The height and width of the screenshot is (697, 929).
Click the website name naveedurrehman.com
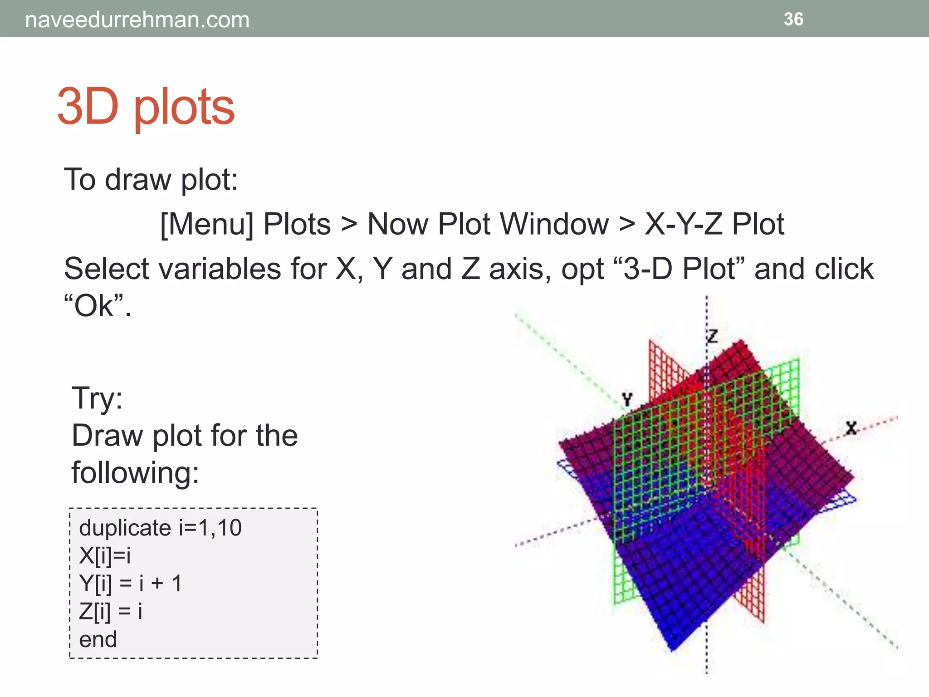[x=137, y=20]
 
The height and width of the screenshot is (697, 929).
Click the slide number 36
[x=793, y=19]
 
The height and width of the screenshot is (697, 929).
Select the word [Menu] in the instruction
[x=207, y=224]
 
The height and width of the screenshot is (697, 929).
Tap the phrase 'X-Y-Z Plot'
[x=714, y=224]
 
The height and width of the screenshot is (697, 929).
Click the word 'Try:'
[x=97, y=398]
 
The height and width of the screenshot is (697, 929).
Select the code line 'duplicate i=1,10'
[x=160, y=528]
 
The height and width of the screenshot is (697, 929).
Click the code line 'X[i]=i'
[x=105, y=555]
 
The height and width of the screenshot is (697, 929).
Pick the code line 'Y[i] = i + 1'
[x=130, y=584]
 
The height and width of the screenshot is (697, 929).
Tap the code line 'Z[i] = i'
[x=111, y=612]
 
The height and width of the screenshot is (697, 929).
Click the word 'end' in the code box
[x=98, y=639]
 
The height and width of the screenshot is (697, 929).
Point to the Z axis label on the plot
[x=713, y=336]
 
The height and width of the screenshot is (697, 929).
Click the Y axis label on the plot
[x=627, y=399]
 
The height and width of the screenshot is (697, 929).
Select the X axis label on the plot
[x=851, y=428]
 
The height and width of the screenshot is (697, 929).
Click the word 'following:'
[x=135, y=473]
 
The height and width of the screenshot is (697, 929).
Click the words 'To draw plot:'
[x=151, y=180]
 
